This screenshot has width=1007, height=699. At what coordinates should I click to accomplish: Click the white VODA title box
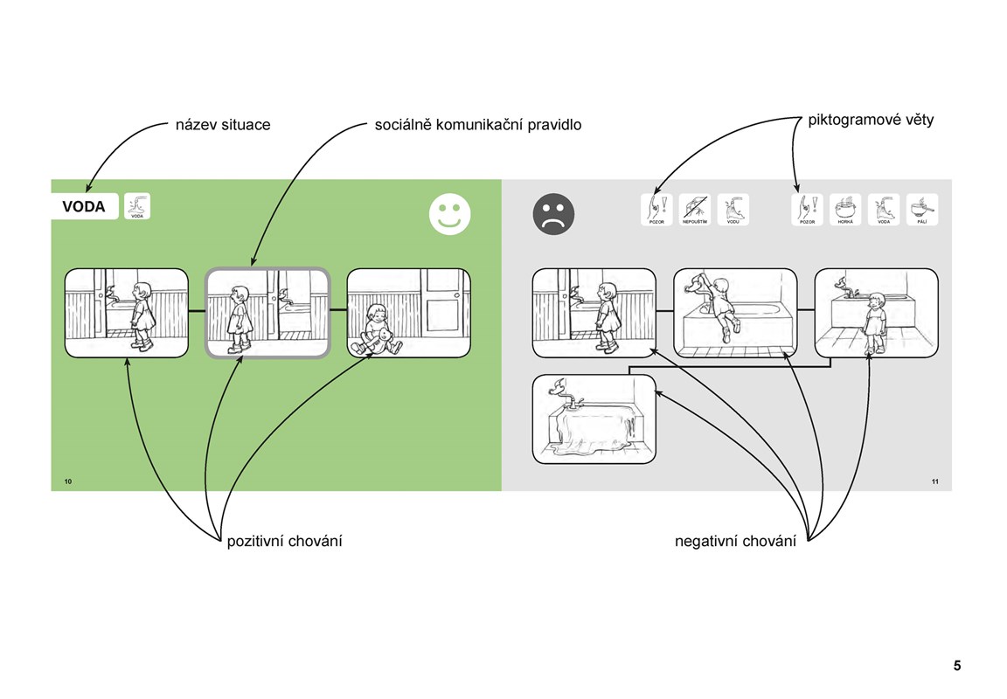coord(84,207)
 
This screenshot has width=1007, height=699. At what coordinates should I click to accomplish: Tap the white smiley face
coord(449,214)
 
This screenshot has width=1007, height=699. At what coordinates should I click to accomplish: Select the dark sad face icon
coord(553,213)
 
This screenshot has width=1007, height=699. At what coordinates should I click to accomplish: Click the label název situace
coord(223,125)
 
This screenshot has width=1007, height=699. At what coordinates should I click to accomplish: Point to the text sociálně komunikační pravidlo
coord(478,125)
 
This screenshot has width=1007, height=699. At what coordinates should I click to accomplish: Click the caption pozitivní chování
coord(284,542)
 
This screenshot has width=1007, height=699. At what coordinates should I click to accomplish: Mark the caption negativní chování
coord(736,542)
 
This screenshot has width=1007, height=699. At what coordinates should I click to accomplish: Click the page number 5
coord(956,666)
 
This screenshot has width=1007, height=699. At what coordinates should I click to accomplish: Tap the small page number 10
coord(68,482)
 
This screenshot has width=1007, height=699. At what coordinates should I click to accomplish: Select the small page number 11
coord(934,482)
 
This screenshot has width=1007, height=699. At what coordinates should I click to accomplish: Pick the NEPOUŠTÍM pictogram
coord(695,210)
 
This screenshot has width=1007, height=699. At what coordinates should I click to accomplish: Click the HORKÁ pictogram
coord(845,210)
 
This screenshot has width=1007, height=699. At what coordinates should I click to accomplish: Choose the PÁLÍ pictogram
coord(922,210)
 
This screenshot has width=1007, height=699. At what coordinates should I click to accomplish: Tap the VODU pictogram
coord(733,210)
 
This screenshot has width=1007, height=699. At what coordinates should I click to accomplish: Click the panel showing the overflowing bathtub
coord(594,419)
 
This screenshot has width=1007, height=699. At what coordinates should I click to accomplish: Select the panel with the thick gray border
coord(267,313)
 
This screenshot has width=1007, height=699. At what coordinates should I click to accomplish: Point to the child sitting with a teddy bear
coord(377,331)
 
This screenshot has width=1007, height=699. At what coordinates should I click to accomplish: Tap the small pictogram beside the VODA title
coord(137,206)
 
